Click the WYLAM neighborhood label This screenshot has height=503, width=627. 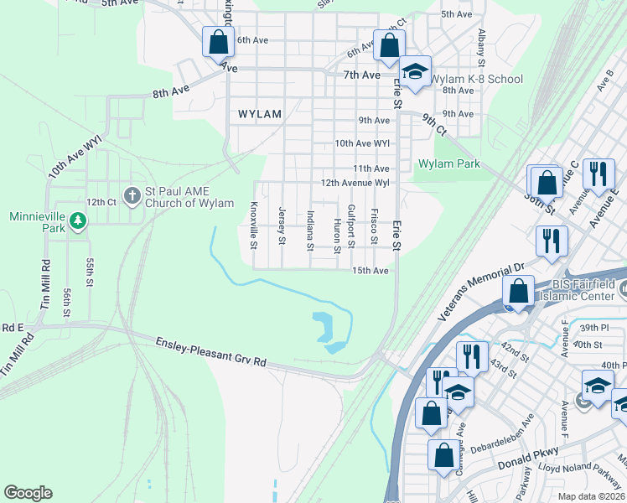tap(259, 113)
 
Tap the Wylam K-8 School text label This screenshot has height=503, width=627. tap(477, 80)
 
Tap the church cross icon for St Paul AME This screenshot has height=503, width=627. tap(132, 196)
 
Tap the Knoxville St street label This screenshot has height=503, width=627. tap(253, 226)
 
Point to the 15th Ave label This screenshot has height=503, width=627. tap(370, 271)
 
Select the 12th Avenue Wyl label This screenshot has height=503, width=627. tap(356, 183)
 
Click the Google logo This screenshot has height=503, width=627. tap(28, 493)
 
